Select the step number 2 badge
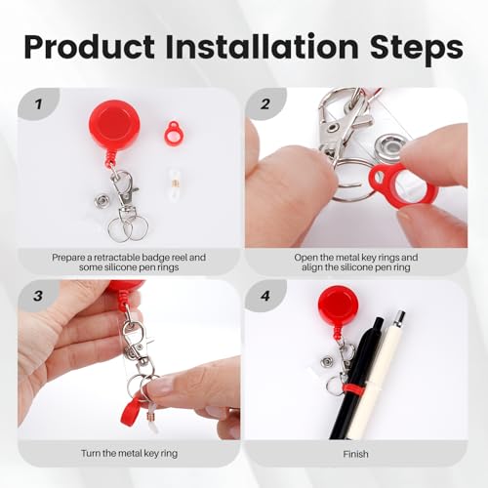click(264, 102)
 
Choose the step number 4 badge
click(264, 296)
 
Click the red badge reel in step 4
click(339, 305)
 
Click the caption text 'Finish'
click(357, 454)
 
